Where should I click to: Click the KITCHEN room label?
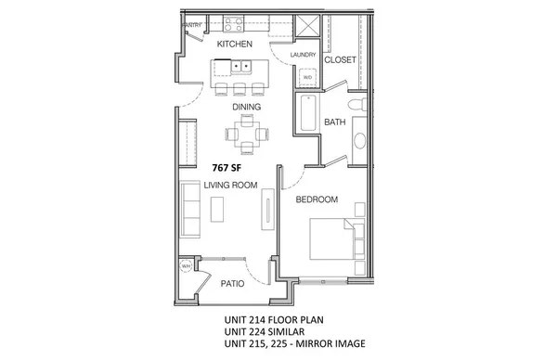point(236,44)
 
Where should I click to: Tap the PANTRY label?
point(192,24)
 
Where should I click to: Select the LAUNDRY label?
point(304,55)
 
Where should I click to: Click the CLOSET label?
point(341,58)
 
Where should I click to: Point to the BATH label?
point(335,122)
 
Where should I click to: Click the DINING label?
point(247,108)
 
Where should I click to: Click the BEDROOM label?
point(316,199)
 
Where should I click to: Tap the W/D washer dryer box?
point(308,78)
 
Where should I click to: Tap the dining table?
point(246,138)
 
